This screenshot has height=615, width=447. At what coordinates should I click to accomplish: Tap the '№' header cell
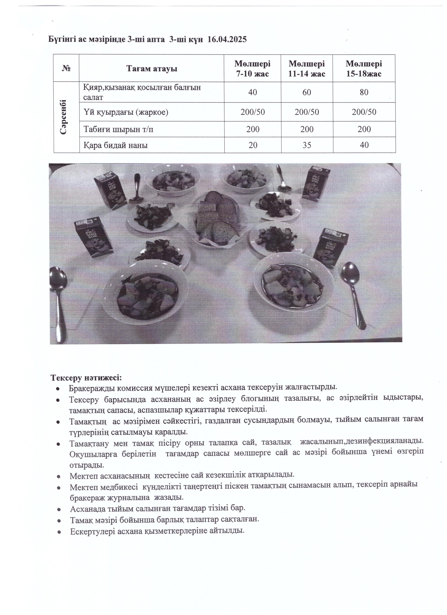pyautogui.click(x=66, y=68)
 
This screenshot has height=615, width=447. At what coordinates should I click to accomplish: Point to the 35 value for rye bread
pyautogui.click(x=307, y=145)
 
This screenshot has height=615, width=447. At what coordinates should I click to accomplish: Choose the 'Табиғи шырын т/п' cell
pyautogui.click(x=118, y=129)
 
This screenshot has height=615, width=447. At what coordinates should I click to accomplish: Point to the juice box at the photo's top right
pyautogui.click(x=316, y=183)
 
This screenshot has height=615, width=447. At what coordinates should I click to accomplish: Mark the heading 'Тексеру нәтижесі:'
pyautogui.click(x=86, y=378)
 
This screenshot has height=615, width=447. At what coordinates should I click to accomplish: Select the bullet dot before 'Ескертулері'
pyautogui.click(x=59, y=532)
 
